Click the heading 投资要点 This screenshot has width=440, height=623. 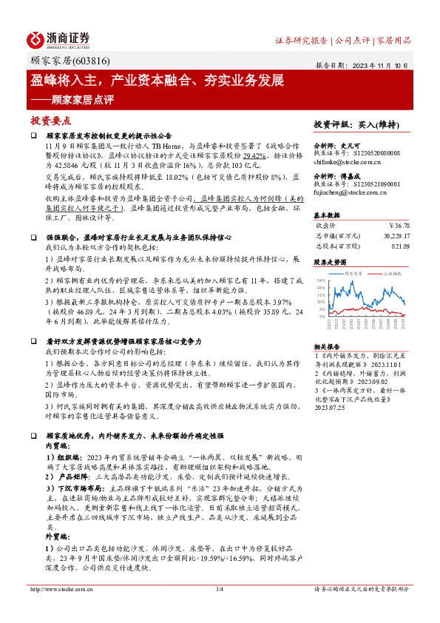(x=51, y=121)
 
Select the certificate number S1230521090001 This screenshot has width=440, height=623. (x=373, y=183)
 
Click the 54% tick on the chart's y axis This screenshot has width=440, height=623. (x=320, y=280)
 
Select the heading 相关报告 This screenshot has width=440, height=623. (x=326, y=346)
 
